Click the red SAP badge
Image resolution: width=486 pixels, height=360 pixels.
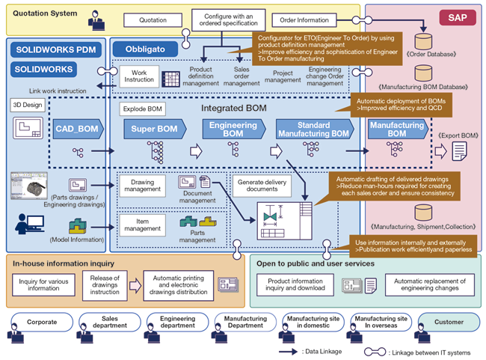pos(458,18)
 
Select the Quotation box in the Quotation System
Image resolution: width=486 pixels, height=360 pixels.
pos(153,20)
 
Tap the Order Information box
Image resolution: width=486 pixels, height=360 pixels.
pos(304,20)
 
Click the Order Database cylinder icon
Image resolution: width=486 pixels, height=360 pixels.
pos(423,41)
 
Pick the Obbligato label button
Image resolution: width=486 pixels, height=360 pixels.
pos(145,49)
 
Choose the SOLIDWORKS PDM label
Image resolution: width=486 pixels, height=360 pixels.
pos(56,49)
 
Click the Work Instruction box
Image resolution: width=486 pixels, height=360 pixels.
pos(139,76)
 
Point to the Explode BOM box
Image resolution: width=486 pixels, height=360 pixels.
pos(142,109)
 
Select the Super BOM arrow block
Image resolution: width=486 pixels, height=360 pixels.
pos(155,129)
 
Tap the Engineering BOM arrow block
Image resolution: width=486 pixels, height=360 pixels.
pos(234,129)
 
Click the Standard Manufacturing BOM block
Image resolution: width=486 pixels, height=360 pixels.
pos(315,129)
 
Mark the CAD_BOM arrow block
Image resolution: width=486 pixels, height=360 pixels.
pos(78,129)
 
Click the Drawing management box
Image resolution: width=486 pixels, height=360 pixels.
pos(143,186)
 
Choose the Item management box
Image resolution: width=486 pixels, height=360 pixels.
pos(143,225)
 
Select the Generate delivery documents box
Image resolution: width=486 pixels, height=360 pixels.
pos(262,186)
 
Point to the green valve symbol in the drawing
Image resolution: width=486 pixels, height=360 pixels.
pos(270,216)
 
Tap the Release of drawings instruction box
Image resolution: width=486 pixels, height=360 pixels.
pos(105,285)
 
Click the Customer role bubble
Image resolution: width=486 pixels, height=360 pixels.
pos(449,322)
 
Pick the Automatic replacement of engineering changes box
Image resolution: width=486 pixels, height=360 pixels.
pos(430,284)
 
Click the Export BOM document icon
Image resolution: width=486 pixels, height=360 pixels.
pos(459,151)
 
